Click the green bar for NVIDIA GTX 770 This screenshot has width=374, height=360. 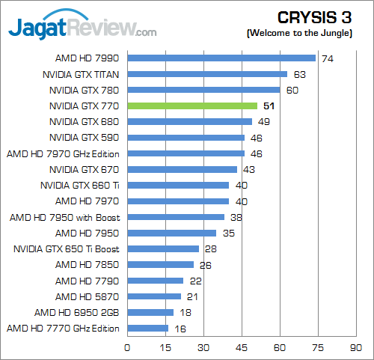tap(192, 106)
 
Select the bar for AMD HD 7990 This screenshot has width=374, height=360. tap(221, 58)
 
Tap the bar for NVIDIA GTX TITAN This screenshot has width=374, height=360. tap(207, 74)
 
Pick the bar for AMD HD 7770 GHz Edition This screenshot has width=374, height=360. tap(147, 328)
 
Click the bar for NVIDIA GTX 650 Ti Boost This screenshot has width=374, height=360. tap(163, 248)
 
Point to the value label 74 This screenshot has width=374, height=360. tap(326, 58)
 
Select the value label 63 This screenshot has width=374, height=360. tap(300, 74)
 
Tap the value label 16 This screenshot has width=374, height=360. tap(180, 328)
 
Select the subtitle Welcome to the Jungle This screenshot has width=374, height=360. tap(307, 33)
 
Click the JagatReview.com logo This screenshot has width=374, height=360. tap(82, 28)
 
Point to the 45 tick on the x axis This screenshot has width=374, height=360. tap(242, 347)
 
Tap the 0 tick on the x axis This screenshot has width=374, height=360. tap(127, 347)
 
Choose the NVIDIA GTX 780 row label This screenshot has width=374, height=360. tap(85, 90)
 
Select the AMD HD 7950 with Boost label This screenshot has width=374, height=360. tap(65, 217)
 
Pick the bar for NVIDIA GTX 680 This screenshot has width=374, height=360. tap(189, 121)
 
